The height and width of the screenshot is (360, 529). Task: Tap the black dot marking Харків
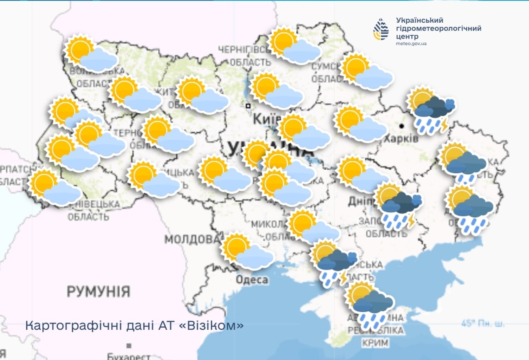click(x=402, y=126)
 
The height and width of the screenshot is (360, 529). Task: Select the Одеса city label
click(x=252, y=280)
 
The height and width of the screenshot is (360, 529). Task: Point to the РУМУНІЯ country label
click(x=99, y=291)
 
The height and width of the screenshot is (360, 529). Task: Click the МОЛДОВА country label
click(x=192, y=239)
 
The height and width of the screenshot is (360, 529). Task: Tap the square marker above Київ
click(x=249, y=106)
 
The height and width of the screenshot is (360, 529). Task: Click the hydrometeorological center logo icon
click(x=381, y=29)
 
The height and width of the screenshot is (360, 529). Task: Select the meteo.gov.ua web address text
click(x=411, y=43)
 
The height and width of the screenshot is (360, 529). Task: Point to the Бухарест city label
click(x=128, y=357)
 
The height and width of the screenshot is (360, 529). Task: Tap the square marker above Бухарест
click(x=129, y=346)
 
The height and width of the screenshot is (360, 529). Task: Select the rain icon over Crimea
click(x=369, y=305)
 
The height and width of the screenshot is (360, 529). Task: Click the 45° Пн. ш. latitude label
click(x=483, y=323)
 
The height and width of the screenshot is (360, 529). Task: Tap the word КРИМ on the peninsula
click(x=376, y=342)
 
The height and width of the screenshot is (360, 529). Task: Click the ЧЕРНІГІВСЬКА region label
click(x=244, y=50)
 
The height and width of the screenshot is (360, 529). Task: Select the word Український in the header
click(x=419, y=20)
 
